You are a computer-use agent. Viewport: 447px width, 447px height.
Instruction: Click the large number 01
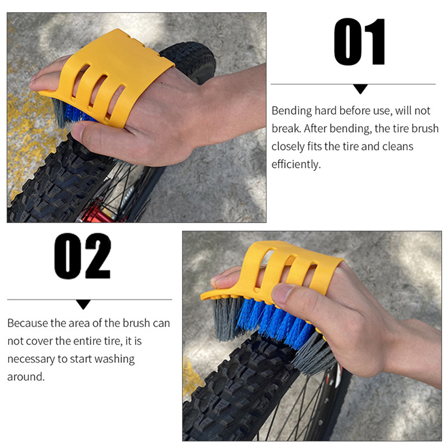click(360, 42)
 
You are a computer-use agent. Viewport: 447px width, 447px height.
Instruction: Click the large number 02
click(83, 256)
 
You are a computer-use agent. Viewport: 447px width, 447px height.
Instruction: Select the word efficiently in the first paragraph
click(296, 164)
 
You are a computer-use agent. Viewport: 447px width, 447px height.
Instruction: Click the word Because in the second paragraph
click(28, 323)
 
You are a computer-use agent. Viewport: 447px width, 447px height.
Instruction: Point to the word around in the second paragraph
click(26, 377)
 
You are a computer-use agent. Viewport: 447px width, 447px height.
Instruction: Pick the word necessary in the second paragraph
click(31, 359)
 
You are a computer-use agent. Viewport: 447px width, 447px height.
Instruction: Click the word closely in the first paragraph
click(288, 147)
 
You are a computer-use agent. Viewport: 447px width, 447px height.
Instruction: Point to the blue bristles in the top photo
click(78, 113)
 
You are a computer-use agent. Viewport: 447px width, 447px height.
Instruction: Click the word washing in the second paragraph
click(115, 359)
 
